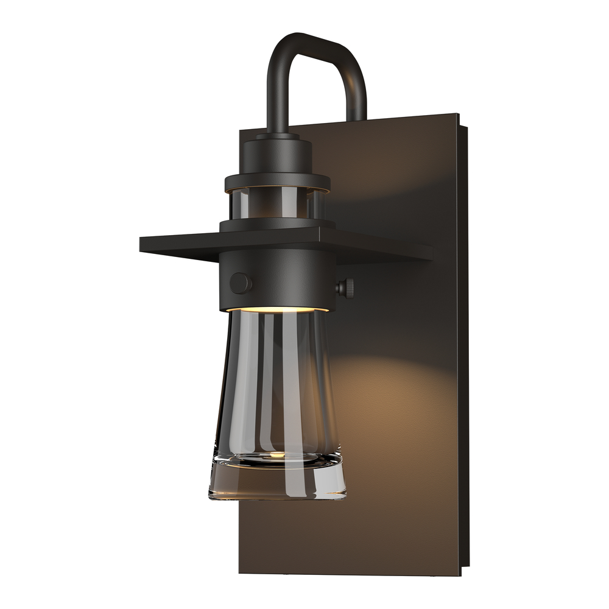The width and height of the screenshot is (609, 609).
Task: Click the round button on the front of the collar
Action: (x=241, y=283)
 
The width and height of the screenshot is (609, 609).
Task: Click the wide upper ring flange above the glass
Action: (x=277, y=181)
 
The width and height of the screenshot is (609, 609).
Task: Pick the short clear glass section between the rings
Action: (x=277, y=204)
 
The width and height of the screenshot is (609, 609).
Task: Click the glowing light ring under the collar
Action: (x=277, y=309)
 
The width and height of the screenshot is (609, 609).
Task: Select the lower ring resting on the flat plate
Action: (x=277, y=224)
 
